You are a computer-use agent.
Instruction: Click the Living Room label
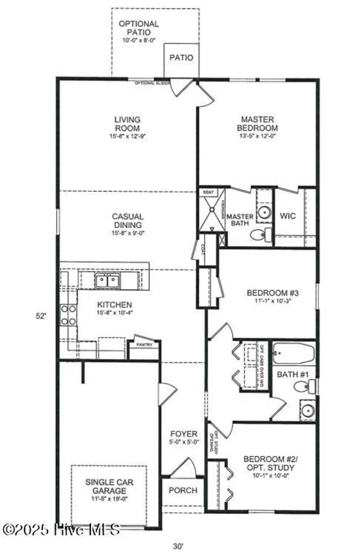(x=127, y=124)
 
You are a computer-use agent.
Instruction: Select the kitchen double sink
(x=107, y=281)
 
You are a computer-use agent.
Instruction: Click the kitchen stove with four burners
(x=68, y=315)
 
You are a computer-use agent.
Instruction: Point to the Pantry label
(x=144, y=345)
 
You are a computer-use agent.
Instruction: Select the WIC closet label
(x=288, y=216)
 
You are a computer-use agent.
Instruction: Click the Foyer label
(x=184, y=434)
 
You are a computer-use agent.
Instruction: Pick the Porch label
(x=183, y=490)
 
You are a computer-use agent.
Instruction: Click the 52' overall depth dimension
(x=41, y=316)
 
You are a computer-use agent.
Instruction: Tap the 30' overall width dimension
(x=178, y=546)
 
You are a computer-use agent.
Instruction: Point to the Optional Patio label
(x=139, y=28)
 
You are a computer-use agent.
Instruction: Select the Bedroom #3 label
(x=272, y=293)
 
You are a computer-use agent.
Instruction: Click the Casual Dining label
(x=128, y=221)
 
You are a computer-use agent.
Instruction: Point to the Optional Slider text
(x=149, y=83)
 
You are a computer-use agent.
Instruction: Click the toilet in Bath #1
(x=302, y=387)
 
